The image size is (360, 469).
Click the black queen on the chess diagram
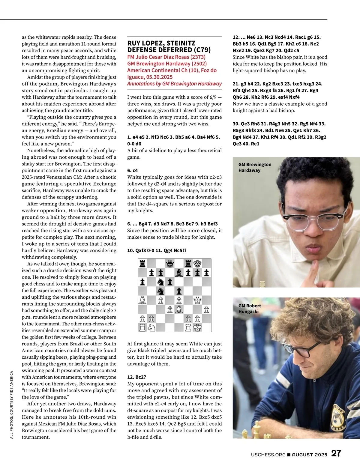pyautogui.click(x=170, y=264)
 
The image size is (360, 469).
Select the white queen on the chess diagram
pyautogui.click(x=197, y=300)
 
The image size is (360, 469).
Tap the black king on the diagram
pyautogui.click(x=197, y=264)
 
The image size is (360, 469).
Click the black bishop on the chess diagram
pyautogui.click(x=179, y=273)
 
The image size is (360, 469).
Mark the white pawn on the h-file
pyautogui.click(x=206, y=309)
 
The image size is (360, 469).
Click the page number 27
pyautogui.click(x=336, y=453)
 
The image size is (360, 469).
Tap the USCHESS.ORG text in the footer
pyautogui.click(x=268, y=455)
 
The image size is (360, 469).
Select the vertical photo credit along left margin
pyautogui.click(x=12, y=405)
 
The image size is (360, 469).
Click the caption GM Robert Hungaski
pyautogui.click(x=250, y=309)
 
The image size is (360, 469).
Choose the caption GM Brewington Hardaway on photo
pyautogui.click(x=255, y=167)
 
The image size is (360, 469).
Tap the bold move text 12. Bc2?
pyautogui.click(x=136, y=377)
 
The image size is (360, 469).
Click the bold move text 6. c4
pyautogui.click(x=133, y=170)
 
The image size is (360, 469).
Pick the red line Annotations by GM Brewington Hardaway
pyautogui.click(x=174, y=84)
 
